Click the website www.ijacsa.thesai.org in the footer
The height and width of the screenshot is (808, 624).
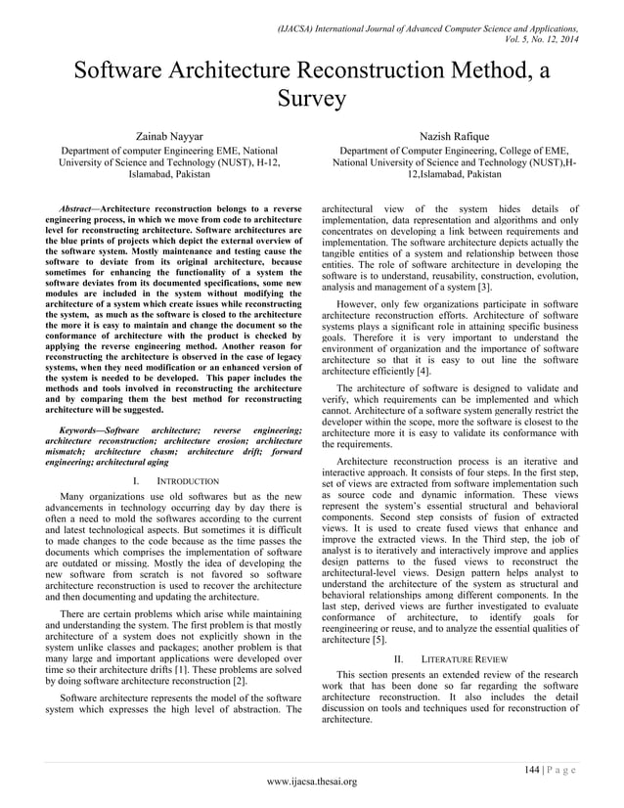pyautogui.click(x=312, y=782)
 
